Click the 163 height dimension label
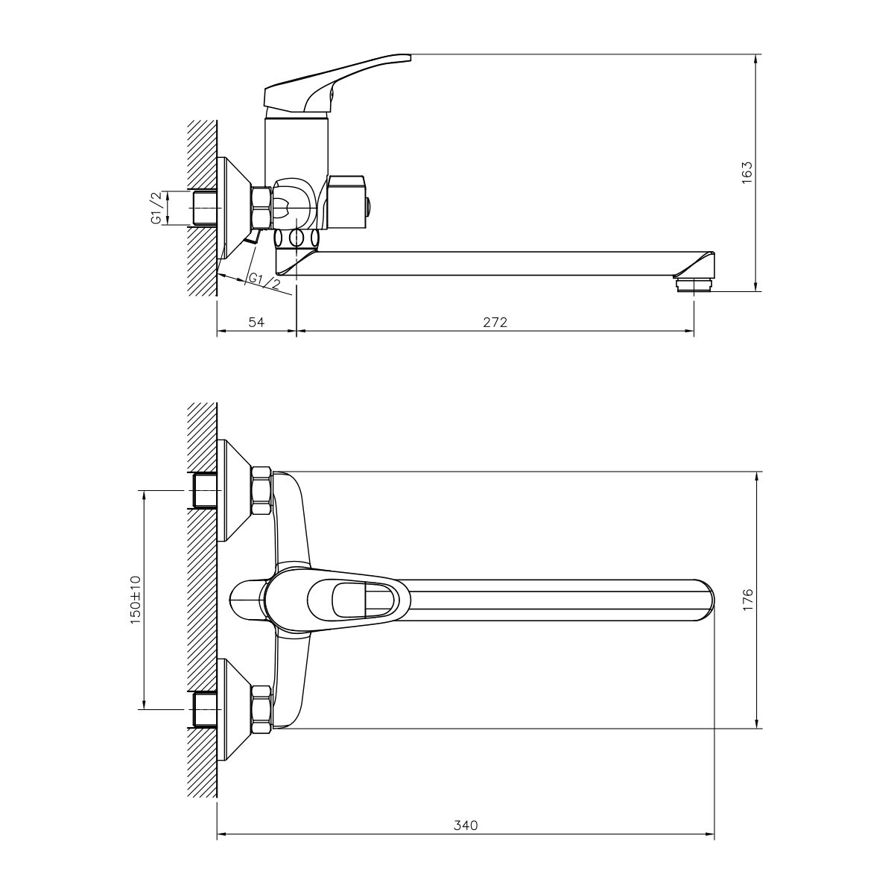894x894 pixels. click(746, 173)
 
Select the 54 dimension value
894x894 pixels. click(256, 322)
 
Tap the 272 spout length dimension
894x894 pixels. click(495, 322)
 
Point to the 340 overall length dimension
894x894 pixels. click(466, 825)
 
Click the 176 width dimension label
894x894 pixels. click(748, 600)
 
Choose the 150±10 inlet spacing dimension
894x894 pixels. click(135, 600)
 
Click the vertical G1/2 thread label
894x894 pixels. click(157, 207)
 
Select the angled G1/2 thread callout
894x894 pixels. click(264, 282)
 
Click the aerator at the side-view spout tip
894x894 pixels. click(694, 283)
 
